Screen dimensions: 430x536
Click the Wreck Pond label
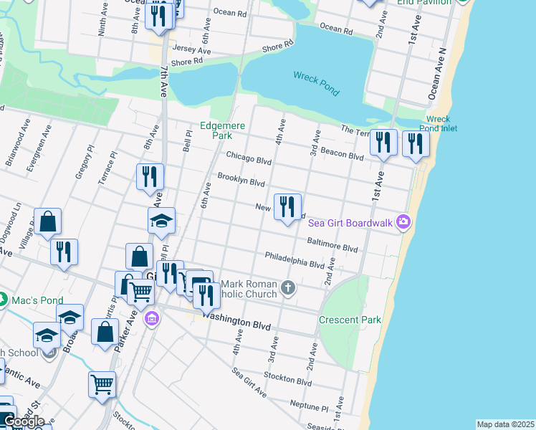[x=316, y=83]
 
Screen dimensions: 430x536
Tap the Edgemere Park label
[x=223, y=130]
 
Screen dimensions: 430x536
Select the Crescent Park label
[x=350, y=320]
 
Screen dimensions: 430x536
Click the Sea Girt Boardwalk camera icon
[x=403, y=222]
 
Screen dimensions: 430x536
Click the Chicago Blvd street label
[x=249, y=157]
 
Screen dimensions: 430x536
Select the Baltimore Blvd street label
[x=332, y=245]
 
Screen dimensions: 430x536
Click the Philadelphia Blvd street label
[x=295, y=259]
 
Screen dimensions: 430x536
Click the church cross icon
[x=287, y=288]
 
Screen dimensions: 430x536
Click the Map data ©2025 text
[x=505, y=424]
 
